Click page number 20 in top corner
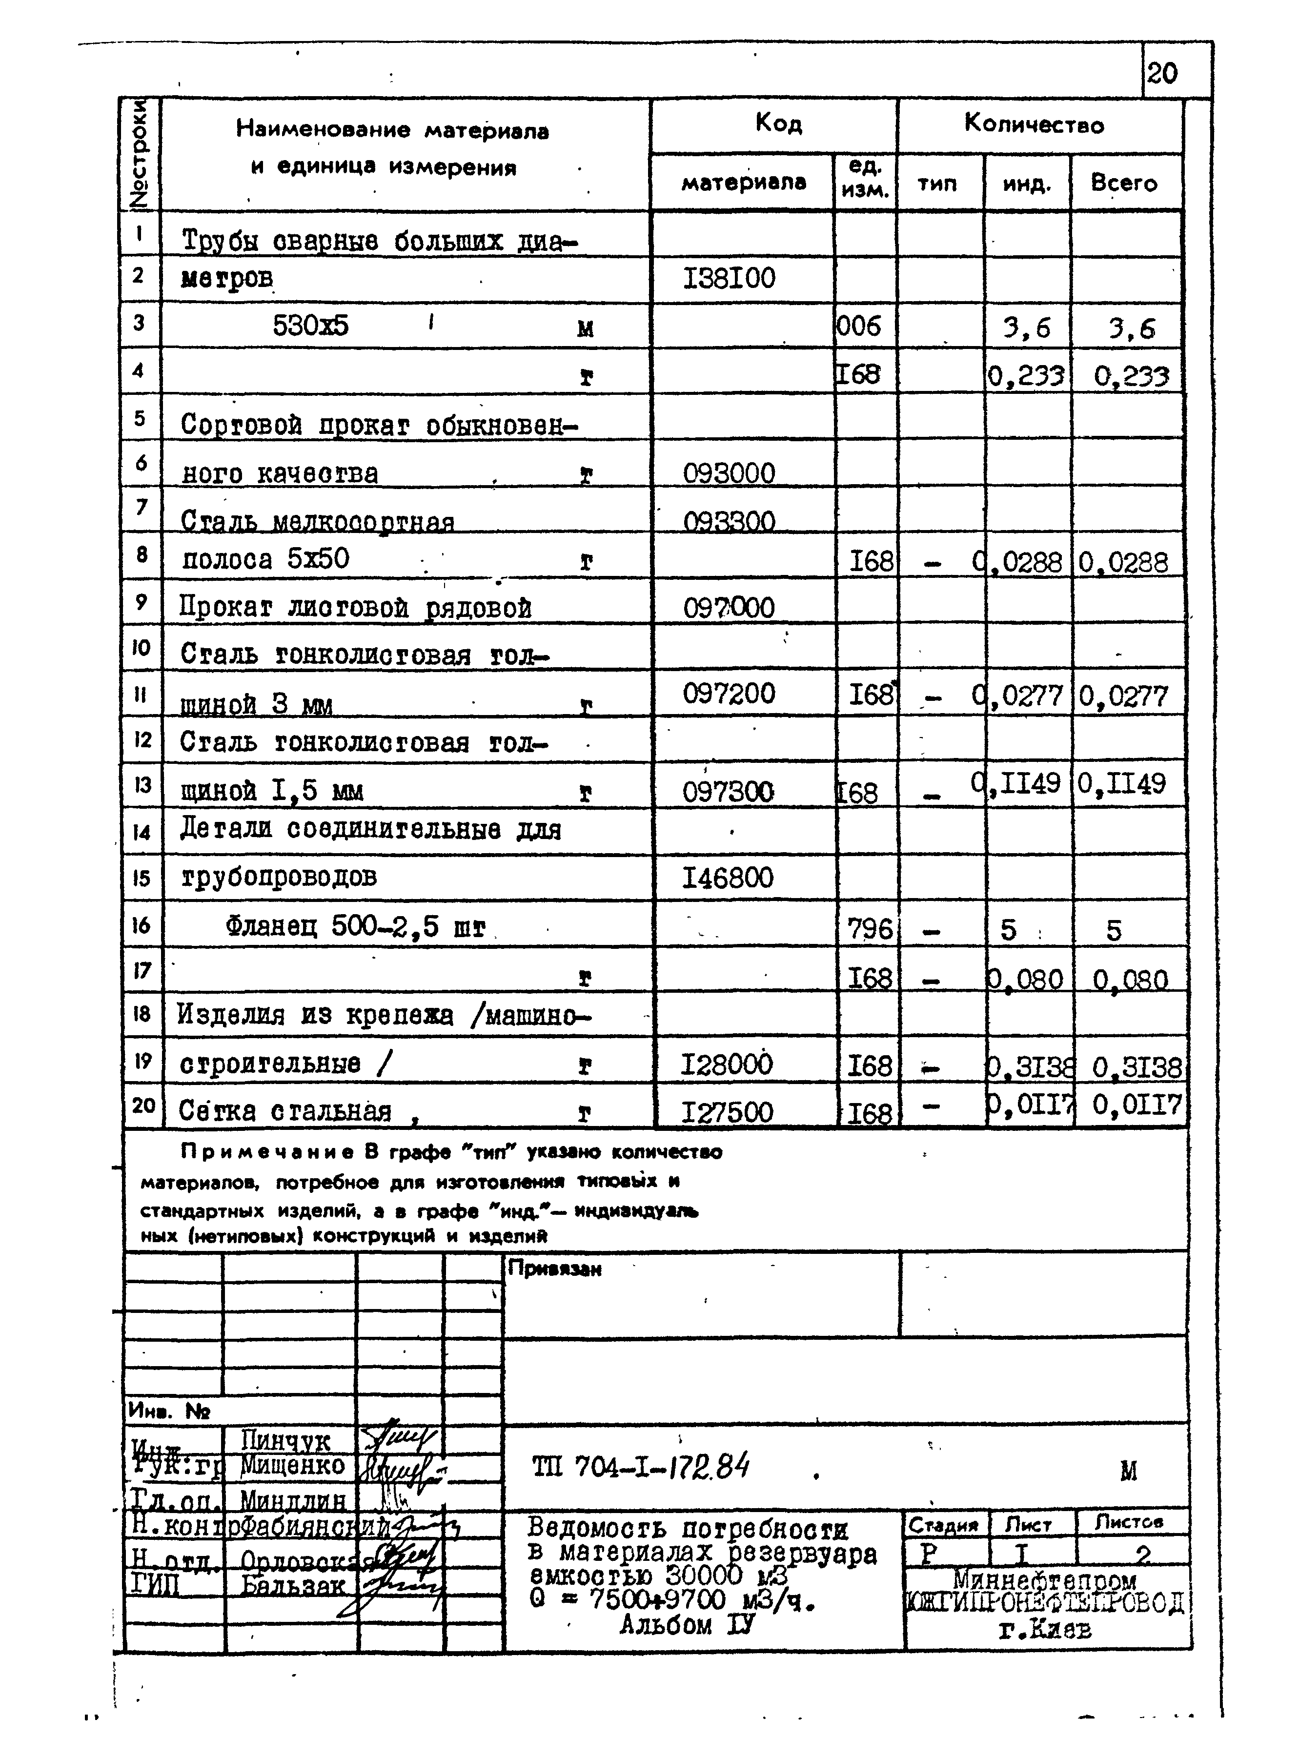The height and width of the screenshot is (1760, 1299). [x=1162, y=74]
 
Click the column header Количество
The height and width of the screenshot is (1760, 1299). [x=1034, y=124]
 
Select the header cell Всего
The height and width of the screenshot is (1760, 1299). [x=1124, y=183]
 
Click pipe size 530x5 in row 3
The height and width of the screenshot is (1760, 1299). [x=310, y=326]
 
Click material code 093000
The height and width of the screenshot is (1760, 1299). [x=729, y=473]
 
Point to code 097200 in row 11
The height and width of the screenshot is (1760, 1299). [x=729, y=694]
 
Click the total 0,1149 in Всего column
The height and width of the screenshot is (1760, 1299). [x=1121, y=783]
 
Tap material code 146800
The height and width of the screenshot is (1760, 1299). [x=728, y=878]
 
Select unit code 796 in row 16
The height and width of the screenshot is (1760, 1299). [x=871, y=930]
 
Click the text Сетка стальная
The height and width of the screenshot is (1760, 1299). [x=284, y=1111]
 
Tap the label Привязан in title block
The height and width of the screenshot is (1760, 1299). [x=554, y=1269]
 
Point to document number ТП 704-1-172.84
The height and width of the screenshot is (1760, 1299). [x=640, y=1468]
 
